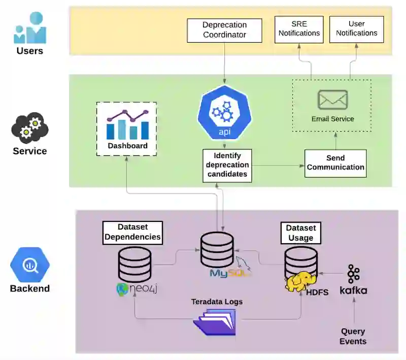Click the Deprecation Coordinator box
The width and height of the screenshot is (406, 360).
click(x=224, y=30)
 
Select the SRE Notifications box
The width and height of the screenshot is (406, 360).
click(x=299, y=29)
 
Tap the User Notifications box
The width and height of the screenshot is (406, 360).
click(x=357, y=29)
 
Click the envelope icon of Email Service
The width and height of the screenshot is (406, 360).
click(x=333, y=100)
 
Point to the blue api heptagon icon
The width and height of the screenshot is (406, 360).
click(x=224, y=113)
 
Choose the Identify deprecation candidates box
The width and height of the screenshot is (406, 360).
click(x=227, y=166)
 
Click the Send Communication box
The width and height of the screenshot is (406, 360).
click(x=335, y=163)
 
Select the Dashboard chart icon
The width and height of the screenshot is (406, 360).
click(x=128, y=124)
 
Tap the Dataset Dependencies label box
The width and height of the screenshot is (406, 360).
click(x=132, y=233)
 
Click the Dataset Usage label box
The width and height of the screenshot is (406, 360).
click(x=301, y=233)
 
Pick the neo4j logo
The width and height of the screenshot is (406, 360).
click(x=137, y=289)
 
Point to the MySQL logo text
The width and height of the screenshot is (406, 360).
click(x=230, y=273)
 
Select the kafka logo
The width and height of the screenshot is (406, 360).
click(x=353, y=280)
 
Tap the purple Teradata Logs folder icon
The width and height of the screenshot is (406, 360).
click(x=215, y=322)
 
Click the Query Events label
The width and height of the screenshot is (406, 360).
click(x=353, y=336)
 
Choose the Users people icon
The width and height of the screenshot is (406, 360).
click(x=30, y=27)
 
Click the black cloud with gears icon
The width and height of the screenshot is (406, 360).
click(x=30, y=127)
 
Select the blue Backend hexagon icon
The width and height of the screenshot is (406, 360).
click(x=30, y=265)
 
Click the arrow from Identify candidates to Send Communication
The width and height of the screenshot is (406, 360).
click(x=278, y=166)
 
